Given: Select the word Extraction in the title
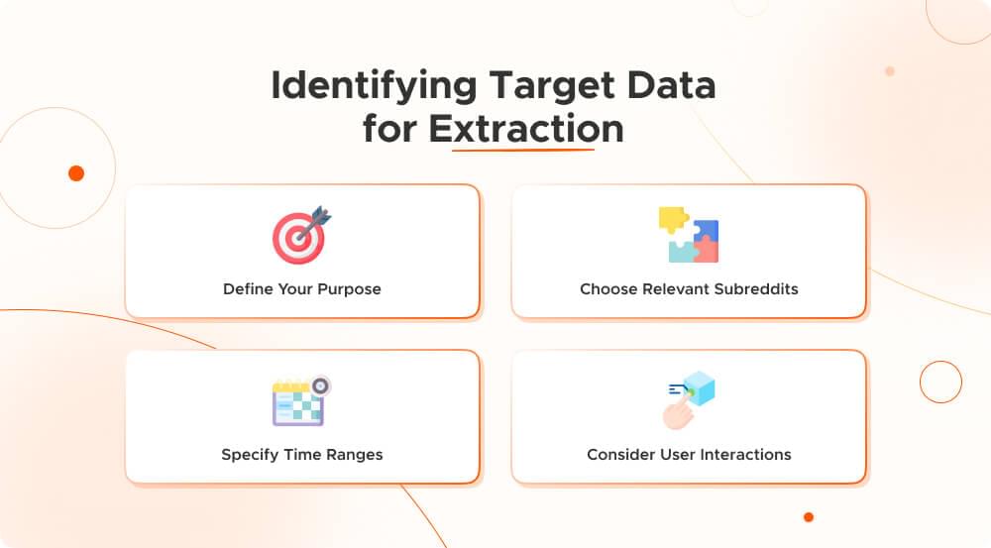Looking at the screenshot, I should [525, 129].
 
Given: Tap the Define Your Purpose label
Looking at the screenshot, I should [302, 289].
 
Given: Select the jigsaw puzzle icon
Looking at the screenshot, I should [689, 235].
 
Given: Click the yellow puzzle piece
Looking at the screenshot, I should [672, 219].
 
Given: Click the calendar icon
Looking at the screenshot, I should [298, 401].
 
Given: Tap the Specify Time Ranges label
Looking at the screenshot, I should [302, 455].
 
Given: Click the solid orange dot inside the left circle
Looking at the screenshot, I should [76, 173].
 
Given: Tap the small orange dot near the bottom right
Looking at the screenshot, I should [809, 516].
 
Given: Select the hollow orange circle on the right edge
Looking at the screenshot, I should [940, 381].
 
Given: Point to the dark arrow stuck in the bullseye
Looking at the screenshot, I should [317, 220].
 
